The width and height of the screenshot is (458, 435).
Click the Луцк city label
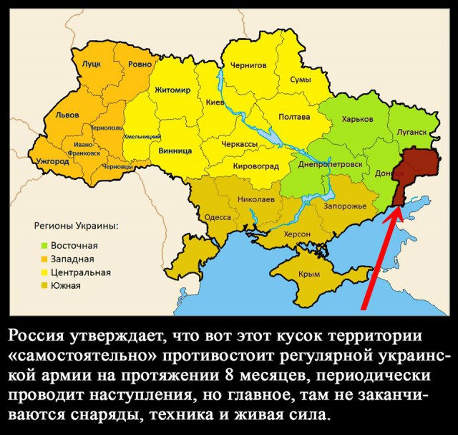tap(92, 64)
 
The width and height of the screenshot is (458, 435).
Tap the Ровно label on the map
tap(140, 64)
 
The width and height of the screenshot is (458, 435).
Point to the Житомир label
tap(172, 90)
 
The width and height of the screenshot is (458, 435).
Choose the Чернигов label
tap(248, 65)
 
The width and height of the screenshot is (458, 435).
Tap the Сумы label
tap(300, 80)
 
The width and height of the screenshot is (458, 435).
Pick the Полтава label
tap(294, 117)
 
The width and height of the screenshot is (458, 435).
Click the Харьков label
tap(358, 119)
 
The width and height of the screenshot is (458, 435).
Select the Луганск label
tap(411, 133)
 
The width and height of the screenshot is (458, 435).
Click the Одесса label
tap(218, 217)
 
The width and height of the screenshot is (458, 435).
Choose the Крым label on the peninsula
tap(308, 274)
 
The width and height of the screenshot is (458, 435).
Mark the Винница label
tap(172, 151)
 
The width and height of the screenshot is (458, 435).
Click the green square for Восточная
tap(44, 245)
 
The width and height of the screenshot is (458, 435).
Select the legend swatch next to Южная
tap(44, 285)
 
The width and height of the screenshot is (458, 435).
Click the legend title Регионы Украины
tap(77, 226)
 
